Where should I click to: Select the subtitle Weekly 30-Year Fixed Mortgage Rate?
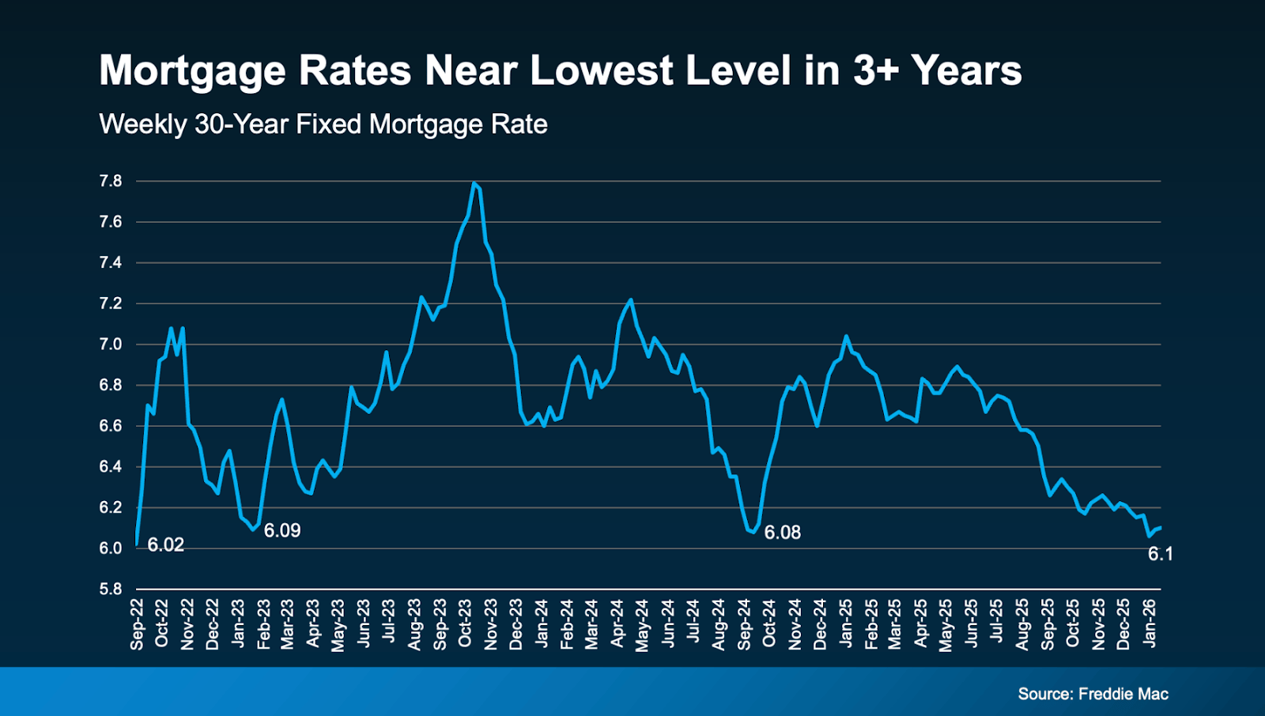(323, 124)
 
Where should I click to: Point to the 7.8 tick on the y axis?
(111, 181)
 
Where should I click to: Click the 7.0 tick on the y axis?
(111, 345)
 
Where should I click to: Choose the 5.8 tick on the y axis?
(111, 589)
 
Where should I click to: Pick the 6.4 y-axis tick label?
(111, 467)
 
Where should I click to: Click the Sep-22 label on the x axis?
(138, 624)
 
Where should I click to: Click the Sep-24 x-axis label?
(744, 624)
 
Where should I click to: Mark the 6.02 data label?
(166, 545)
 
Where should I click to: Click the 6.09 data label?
(282, 530)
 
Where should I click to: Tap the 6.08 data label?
(783, 533)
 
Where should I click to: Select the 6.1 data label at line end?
(1160, 554)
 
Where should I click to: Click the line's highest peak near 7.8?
(474, 183)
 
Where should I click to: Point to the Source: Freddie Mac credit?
(1093, 694)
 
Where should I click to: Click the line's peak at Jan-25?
(846, 336)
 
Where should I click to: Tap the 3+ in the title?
(876, 71)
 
